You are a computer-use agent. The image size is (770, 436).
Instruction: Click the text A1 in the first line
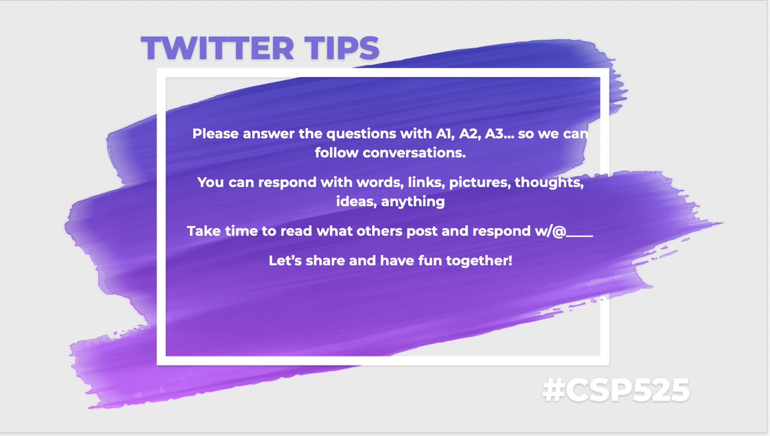pyautogui.click(x=437, y=135)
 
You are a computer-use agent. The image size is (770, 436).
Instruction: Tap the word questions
pyautogui.click(x=357, y=135)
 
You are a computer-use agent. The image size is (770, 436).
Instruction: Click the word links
pyautogui.click(x=424, y=182)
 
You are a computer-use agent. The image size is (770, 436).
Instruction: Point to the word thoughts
pyautogui.click(x=552, y=182)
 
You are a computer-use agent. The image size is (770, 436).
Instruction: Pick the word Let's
pyautogui.click(x=287, y=261)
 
